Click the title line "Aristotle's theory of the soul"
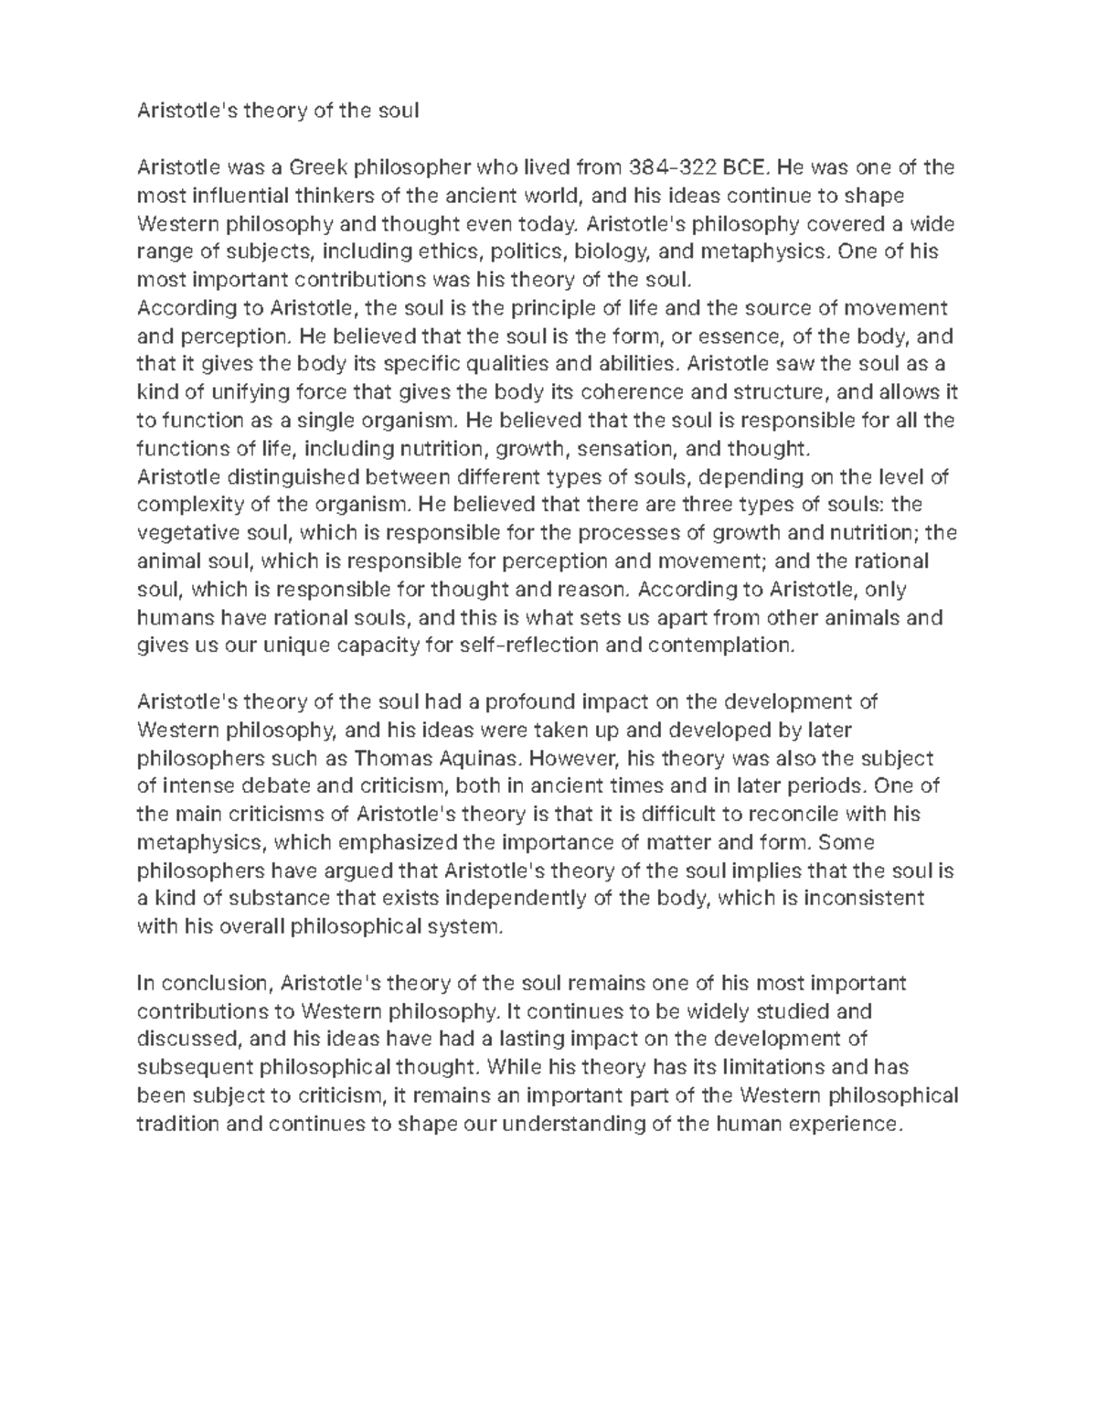pyautogui.click(x=277, y=112)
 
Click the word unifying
pyautogui.click(x=250, y=392)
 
